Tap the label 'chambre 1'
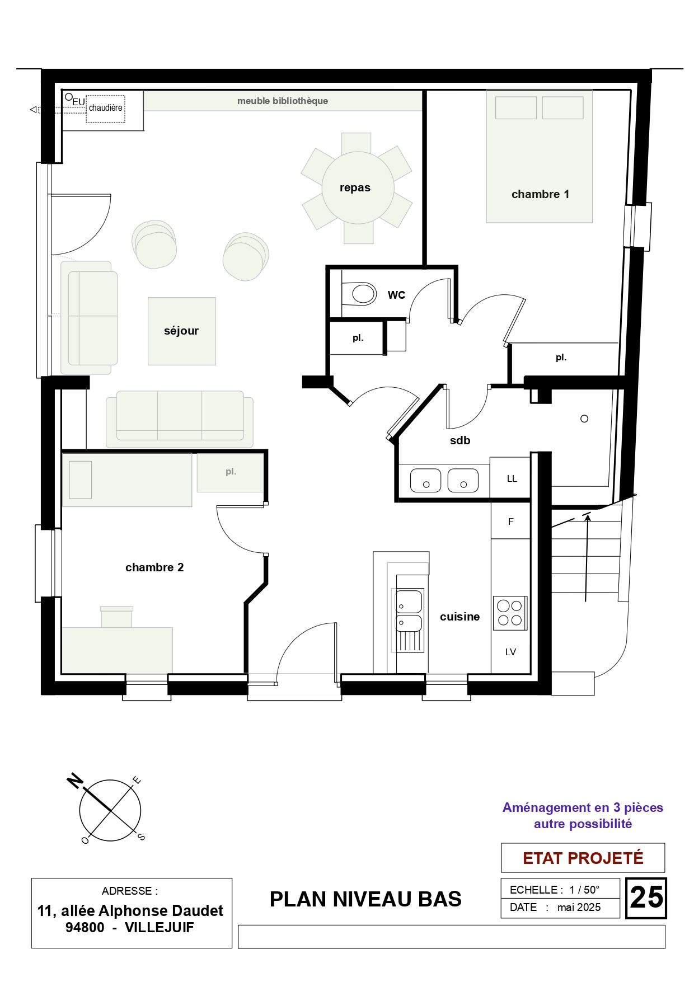point(540,194)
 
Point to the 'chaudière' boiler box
point(105,108)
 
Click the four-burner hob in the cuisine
point(510,613)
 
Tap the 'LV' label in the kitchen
point(510,652)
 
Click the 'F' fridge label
point(510,521)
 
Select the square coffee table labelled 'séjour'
point(182,331)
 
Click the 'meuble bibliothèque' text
point(283,101)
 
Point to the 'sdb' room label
point(460,440)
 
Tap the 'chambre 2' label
point(154,567)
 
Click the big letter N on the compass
point(75,780)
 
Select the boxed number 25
point(646,898)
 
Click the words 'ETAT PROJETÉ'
point(583,858)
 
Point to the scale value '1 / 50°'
point(584,890)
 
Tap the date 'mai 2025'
point(579,907)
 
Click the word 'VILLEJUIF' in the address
point(159,927)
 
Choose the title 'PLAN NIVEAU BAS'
point(365,899)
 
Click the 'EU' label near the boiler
point(78,102)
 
